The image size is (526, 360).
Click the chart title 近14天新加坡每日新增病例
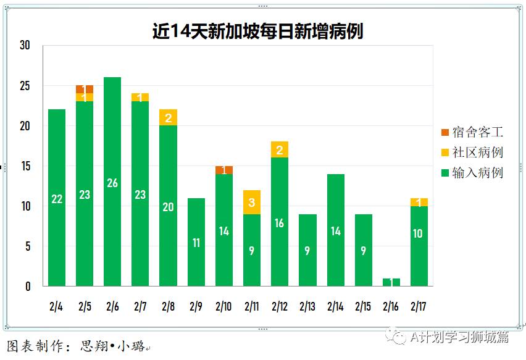[x=257, y=31]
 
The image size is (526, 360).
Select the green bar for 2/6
[x=112, y=182]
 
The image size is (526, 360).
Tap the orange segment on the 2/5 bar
[x=85, y=89]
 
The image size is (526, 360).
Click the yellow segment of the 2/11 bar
[x=252, y=202]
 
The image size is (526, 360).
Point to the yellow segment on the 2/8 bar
[x=168, y=117]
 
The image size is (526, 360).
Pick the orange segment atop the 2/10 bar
[x=224, y=170]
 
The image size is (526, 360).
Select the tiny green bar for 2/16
[x=391, y=282]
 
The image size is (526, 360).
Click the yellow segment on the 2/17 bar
[x=419, y=202]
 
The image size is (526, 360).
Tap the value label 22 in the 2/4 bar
[x=57, y=199]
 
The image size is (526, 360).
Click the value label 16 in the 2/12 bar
[x=280, y=223]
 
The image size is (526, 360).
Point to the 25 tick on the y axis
[x=25, y=85]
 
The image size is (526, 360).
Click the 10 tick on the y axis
[x=25, y=206]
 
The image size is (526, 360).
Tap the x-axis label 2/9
[x=196, y=306]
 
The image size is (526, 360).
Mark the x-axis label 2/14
[x=335, y=306]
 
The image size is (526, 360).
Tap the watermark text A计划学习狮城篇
[x=459, y=337]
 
